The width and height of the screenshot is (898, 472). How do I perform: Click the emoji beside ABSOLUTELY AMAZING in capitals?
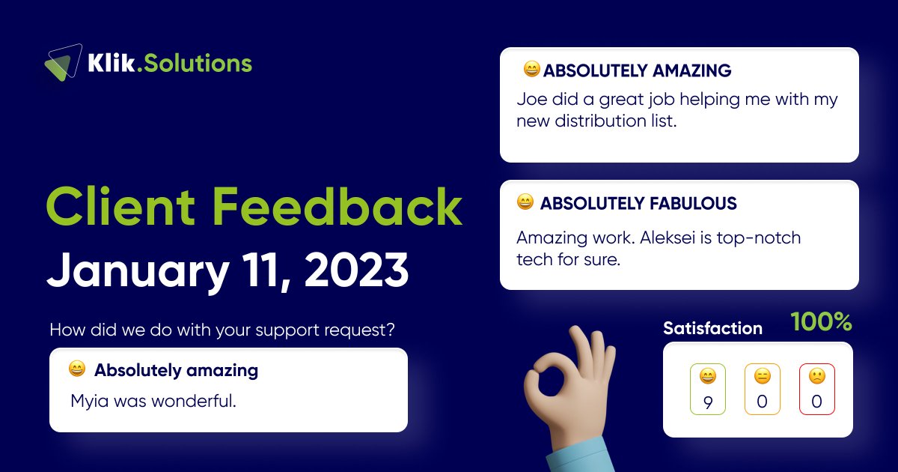pos(531,70)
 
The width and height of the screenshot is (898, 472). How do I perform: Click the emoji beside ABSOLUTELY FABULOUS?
pos(525,202)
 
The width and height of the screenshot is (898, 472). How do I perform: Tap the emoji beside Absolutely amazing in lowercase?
pos(76,369)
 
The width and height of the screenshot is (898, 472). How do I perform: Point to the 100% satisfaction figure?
pos(821,322)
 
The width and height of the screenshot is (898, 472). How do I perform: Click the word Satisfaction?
pos(712,328)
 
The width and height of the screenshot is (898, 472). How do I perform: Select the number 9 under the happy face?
pos(708,402)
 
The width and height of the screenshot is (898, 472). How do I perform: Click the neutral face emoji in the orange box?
pos(762,376)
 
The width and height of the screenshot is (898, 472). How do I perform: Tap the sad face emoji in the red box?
pos(816,376)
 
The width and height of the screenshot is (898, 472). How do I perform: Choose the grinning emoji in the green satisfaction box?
pos(707,376)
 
